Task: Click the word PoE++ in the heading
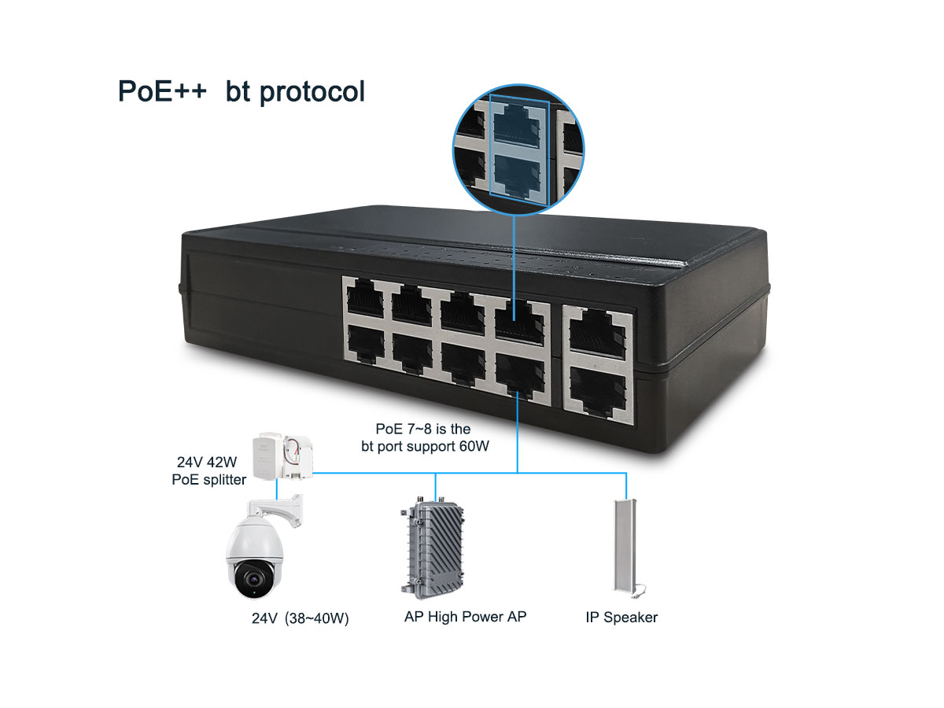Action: click(162, 91)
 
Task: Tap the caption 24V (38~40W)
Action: click(300, 618)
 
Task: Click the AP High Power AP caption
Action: click(465, 617)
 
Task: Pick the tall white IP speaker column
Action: click(624, 546)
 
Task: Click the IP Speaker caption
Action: click(621, 618)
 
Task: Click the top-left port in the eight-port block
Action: click(365, 301)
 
